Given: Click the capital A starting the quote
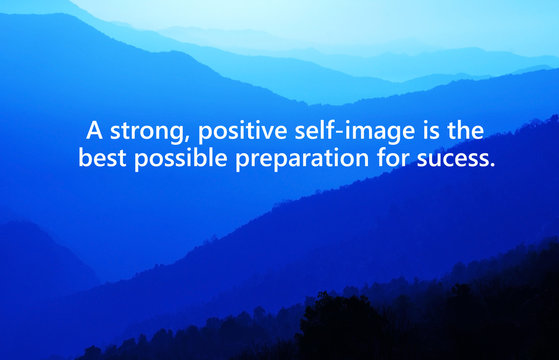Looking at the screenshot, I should pyautogui.click(x=93, y=131).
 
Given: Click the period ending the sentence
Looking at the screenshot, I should pyautogui.click(x=493, y=163).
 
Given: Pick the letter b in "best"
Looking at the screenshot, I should pyautogui.click(x=85, y=157).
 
